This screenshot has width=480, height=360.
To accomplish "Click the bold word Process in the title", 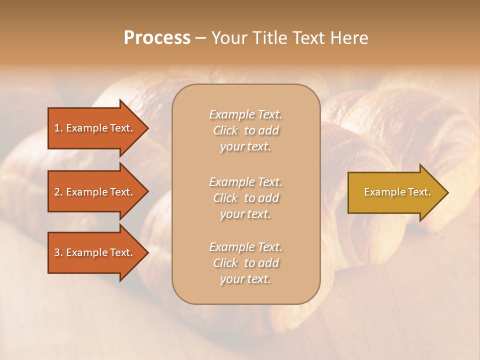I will [157, 38].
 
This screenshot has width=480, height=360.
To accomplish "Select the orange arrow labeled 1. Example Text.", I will [95, 128].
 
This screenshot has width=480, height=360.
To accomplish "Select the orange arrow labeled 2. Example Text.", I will [95, 192].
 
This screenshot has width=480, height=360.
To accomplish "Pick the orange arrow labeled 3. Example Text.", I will [95, 252].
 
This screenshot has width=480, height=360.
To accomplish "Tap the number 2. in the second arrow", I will [58, 192].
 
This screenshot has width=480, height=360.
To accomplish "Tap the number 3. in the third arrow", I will [58, 252].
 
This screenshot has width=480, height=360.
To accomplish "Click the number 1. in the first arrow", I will [58, 128].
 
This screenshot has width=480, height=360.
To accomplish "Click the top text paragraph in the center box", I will [245, 130].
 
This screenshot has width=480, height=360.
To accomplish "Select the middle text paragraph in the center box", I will [245, 198].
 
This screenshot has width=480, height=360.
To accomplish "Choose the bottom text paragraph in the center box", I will [245, 263].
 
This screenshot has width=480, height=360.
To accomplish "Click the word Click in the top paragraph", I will [225, 131].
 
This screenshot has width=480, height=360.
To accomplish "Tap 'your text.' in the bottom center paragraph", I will [245, 279].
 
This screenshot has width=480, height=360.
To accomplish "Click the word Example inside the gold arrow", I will [381, 192].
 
